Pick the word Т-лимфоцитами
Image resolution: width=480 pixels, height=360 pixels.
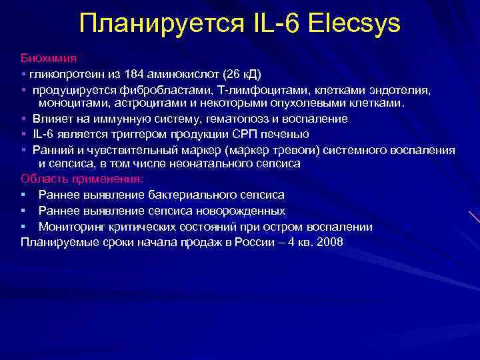coord(253,89)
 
